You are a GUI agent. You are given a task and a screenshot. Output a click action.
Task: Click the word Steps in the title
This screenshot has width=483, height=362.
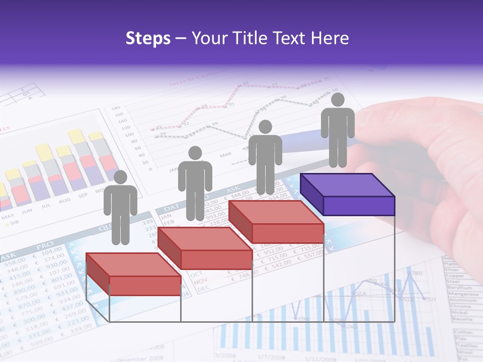tap(148, 38)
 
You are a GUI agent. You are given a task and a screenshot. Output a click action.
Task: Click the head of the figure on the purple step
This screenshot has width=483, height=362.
tap(338, 100)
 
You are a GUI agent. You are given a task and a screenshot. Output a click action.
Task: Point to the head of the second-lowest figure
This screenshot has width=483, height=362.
tap(195, 153)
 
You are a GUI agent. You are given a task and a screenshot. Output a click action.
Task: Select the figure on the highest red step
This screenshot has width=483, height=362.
tap(265, 158)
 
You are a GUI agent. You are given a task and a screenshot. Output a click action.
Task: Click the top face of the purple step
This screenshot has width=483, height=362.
tap(347, 185)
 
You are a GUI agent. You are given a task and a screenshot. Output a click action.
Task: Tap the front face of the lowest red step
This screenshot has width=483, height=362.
tap(145, 286)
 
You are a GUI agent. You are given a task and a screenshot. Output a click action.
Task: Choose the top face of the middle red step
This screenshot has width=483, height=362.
tap(205, 238)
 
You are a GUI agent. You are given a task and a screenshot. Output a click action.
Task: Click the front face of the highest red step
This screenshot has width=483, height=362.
tap(287, 233)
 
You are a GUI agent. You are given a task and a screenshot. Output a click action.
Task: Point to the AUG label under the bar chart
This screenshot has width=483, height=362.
tap(65, 201)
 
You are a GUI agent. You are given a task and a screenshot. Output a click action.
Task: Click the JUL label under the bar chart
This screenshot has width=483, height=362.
tap(46, 206)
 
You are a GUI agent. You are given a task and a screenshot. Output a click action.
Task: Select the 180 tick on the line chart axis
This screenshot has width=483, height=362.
tap(115, 108)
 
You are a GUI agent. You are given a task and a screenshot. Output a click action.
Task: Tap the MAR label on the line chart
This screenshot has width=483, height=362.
tap(225, 155)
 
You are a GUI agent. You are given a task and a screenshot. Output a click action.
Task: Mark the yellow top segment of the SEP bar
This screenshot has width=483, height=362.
tap(76, 136)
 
